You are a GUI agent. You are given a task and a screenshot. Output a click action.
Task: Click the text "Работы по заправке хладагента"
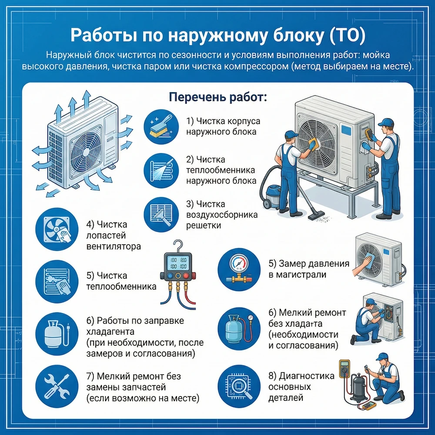pyautogui.click(x=135, y=326)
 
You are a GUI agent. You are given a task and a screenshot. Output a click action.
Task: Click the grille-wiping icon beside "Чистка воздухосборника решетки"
pyautogui.click(x=160, y=215)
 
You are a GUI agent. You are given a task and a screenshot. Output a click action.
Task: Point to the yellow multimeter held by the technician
pyautogui.click(x=345, y=368)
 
